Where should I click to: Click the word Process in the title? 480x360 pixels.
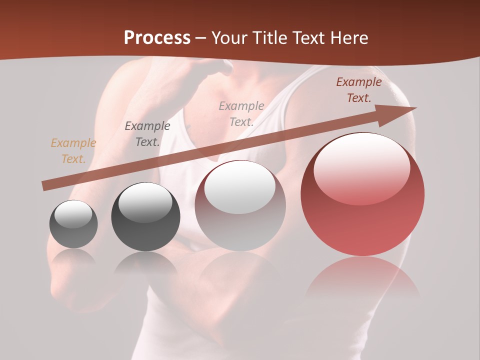click(x=157, y=38)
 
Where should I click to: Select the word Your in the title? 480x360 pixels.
click(x=227, y=38)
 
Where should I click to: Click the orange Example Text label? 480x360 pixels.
click(x=73, y=151)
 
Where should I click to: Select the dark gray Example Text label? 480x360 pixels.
click(x=147, y=134)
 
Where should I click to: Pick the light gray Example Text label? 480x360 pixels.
click(x=241, y=113)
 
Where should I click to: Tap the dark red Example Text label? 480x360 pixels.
click(x=359, y=90)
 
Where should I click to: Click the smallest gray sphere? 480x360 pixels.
click(x=73, y=224)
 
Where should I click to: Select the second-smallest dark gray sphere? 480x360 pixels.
click(x=145, y=216)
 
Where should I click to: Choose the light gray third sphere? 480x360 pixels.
click(x=240, y=206)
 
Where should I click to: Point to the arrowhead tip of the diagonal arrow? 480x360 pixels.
click(x=415, y=107)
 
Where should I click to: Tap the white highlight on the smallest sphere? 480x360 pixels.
click(x=73, y=214)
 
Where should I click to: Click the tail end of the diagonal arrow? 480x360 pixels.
click(x=44, y=186)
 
